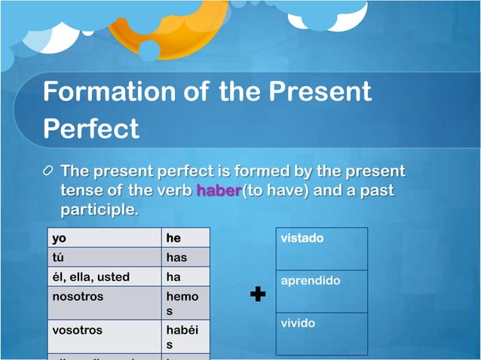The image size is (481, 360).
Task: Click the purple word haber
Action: pos(218,191)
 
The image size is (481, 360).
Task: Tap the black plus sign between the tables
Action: pos(258,294)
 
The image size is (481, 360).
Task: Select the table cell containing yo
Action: pos(105,238)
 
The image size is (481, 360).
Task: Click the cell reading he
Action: pos(186,238)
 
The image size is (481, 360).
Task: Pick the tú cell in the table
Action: pos(105,258)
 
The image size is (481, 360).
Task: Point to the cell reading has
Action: pos(186,258)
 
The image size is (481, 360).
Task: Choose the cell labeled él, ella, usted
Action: pos(105,276)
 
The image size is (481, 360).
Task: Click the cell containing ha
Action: pos(186,276)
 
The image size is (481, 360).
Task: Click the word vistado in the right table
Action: pos(302,238)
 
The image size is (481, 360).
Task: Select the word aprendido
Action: pos(311,281)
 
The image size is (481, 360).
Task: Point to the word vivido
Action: pos(298,323)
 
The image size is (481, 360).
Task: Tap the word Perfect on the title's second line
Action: pos(91,127)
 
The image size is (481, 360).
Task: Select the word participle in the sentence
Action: pos(98,209)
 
